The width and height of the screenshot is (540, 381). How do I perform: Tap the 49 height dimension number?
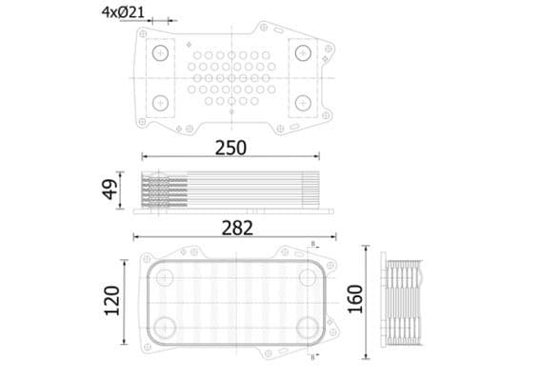coord(111,190)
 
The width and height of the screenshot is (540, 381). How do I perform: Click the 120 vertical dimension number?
coord(111,301)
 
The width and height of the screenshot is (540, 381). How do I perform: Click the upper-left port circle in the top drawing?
coord(160,51)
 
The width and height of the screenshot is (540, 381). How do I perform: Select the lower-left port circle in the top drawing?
coord(160,102)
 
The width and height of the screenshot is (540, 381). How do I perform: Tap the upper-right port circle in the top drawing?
coord(303,51)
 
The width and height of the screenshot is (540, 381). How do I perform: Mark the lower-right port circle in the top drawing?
coord(303,102)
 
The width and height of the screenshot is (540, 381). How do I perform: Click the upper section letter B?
coord(311,245)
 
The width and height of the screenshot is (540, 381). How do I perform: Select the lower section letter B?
coord(311,356)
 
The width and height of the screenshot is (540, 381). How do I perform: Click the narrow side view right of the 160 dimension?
coord(401,303)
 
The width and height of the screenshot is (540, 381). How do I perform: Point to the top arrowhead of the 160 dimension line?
coord(368,251)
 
